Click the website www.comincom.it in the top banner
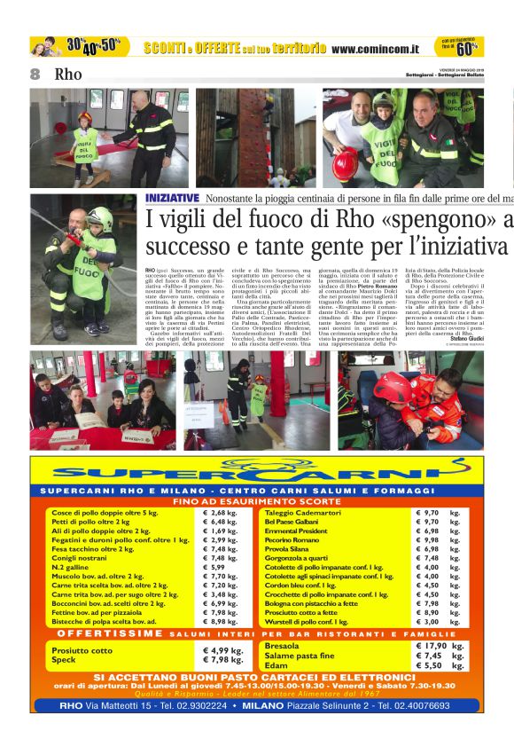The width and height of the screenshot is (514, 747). [376, 48]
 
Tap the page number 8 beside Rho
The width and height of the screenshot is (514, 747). [35, 75]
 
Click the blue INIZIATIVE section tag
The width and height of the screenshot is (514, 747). [173, 198]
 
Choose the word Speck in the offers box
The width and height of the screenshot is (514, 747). [64, 659]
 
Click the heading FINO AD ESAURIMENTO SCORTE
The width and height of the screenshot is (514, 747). [256, 501]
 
